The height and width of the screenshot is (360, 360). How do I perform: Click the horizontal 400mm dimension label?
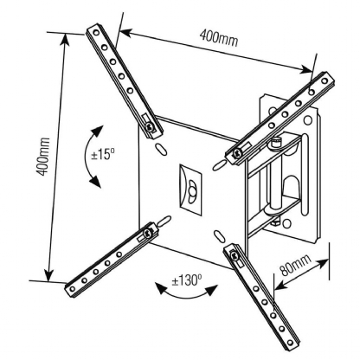[x=219, y=38]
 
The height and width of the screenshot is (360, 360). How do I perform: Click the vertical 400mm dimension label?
[x=43, y=157]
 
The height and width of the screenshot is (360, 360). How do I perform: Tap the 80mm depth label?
[x=295, y=265]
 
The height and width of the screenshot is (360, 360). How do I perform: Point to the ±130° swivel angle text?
[x=187, y=280]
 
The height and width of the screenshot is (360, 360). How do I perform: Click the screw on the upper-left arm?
[x=150, y=126]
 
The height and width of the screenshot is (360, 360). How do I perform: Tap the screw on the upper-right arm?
[x=237, y=153]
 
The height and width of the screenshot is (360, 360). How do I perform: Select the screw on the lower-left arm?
[x=149, y=233]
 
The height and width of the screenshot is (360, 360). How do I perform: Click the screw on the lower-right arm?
[x=235, y=255]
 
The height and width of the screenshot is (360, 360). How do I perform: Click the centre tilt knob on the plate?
[x=191, y=190]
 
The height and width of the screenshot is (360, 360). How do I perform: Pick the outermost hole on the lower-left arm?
[x=73, y=288]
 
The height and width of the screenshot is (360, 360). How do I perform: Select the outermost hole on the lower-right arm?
[x=291, y=343]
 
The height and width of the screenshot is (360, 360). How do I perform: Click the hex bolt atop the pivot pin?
[x=275, y=143]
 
